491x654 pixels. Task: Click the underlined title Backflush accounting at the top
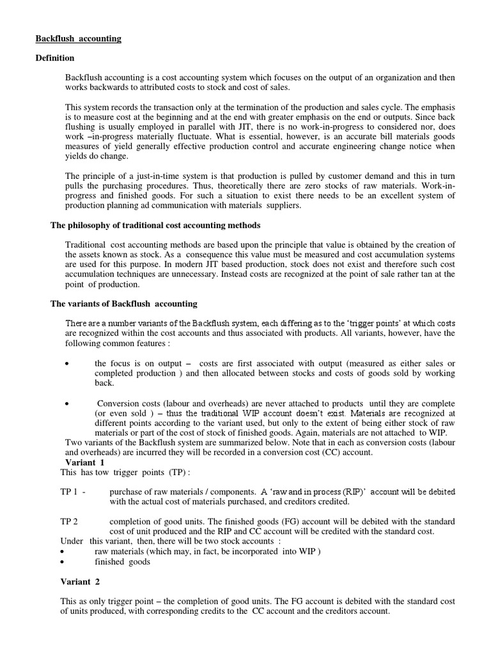(x=77, y=39)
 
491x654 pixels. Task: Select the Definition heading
(x=55, y=58)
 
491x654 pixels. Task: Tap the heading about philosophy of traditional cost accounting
(x=155, y=225)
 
